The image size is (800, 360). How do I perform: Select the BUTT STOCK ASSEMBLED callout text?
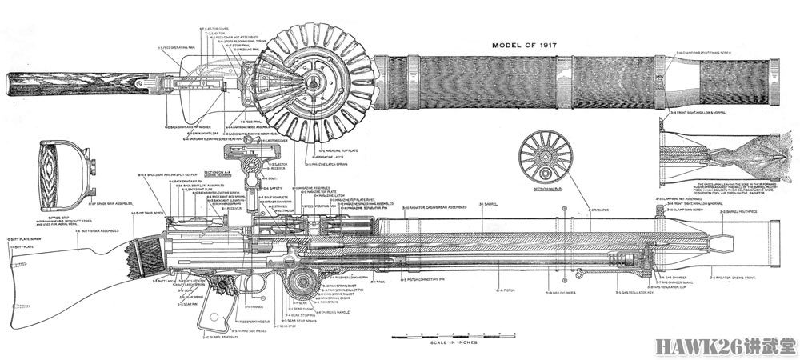101,231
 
